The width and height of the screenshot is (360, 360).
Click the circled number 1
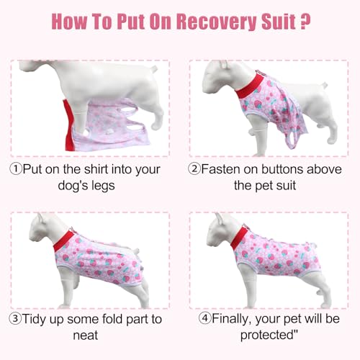(17, 170)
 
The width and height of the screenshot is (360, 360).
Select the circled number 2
(194, 170)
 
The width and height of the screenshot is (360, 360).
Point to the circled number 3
(17, 320)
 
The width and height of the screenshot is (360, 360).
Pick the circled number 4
(204, 320)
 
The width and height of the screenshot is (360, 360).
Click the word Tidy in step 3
(41, 320)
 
